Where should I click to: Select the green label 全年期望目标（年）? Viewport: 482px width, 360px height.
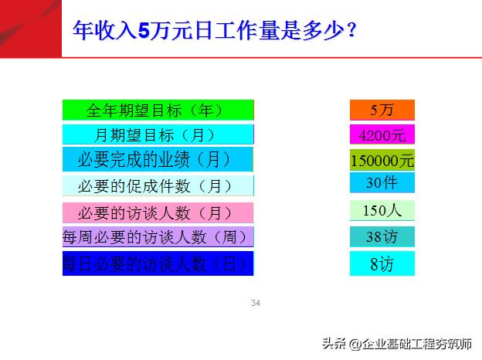pyautogui.click(x=158, y=110)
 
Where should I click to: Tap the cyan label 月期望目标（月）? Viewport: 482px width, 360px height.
pyautogui.click(x=158, y=134)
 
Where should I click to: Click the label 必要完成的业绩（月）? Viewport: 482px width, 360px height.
pyautogui.click(x=158, y=160)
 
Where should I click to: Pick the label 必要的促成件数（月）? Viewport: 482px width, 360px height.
pyautogui.click(x=158, y=185)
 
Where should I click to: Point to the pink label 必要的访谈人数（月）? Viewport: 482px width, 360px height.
pyautogui.click(x=158, y=212)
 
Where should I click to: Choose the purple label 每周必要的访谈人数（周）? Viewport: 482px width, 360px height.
pyautogui.click(x=158, y=236)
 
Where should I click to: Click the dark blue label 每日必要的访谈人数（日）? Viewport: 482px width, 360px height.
pyautogui.click(x=158, y=263)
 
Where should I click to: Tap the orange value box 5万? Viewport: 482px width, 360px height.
pyautogui.click(x=382, y=110)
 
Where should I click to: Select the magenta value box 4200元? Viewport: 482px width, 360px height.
pyautogui.click(x=382, y=134)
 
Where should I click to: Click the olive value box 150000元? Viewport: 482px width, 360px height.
pyautogui.click(x=382, y=161)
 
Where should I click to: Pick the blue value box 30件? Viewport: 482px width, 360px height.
pyautogui.click(x=382, y=183)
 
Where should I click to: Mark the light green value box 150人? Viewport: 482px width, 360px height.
pyautogui.click(x=382, y=210)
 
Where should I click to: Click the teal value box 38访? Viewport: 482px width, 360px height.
pyautogui.click(x=382, y=236)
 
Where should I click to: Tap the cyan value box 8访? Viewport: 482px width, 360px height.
pyautogui.click(x=382, y=263)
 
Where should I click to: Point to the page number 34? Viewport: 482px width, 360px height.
pyautogui.click(x=256, y=303)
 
